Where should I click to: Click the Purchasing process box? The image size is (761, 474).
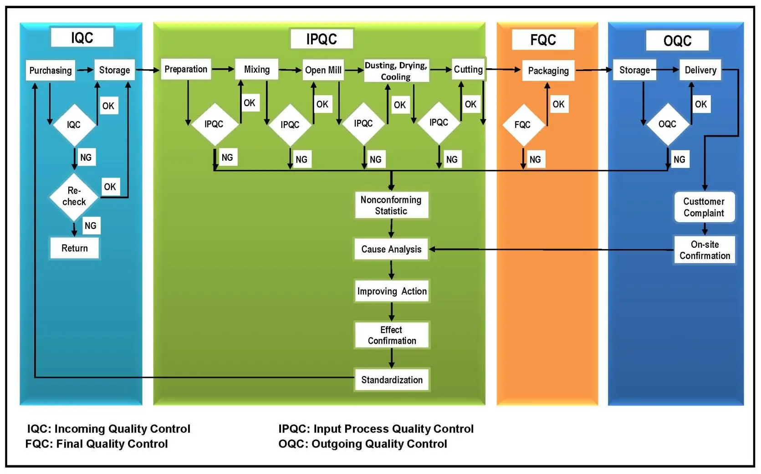tap(50, 71)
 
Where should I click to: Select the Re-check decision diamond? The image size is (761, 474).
tap(74, 196)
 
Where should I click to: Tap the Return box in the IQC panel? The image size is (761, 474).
tap(74, 248)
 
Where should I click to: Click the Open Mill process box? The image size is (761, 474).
tap(323, 70)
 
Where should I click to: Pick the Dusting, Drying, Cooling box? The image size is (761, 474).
tap(396, 71)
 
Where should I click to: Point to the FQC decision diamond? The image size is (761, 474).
tap(523, 125)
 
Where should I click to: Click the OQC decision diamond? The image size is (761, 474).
tap(667, 124)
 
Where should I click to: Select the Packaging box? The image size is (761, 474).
tap(548, 71)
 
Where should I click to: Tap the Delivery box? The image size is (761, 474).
tap(700, 70)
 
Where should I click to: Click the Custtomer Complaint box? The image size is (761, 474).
tap(704, 207)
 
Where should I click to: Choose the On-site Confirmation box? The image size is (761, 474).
tap(705, 250)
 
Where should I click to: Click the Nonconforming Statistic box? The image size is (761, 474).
tap(391, 205)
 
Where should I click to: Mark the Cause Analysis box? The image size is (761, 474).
tap(391, 249)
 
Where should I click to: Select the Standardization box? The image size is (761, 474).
tap(392, 380)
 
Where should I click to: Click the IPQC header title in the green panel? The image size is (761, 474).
tap(322, 39)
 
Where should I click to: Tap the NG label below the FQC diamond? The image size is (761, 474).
tap(535, 159)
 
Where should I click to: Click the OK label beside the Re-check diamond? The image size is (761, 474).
tap(110, 187)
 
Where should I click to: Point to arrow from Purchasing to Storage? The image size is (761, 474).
tap(85, 70)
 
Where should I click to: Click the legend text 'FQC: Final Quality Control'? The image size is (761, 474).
tap(97, 444)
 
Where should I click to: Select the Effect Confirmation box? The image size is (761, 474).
tap(392, 335)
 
